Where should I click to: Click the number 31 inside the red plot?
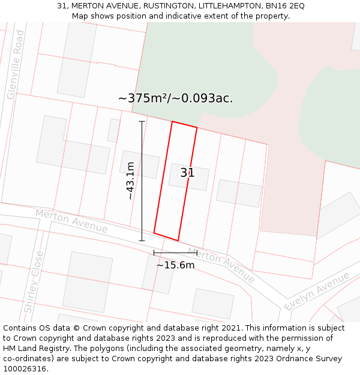(x=187, y=173)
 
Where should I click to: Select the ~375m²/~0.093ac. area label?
(x=175, y=98)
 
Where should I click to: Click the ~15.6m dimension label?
(x=175, y=265)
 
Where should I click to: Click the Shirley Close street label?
(x=34, y=282)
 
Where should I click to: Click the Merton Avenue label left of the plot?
(x=71, y=221)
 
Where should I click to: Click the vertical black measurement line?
(x=142, y=180)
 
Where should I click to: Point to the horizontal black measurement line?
(x=175, y=253)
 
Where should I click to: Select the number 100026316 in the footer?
(x=24, y=369)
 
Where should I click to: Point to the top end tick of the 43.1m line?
(x=142, y=122)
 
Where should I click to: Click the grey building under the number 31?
(x=189, y=176)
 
